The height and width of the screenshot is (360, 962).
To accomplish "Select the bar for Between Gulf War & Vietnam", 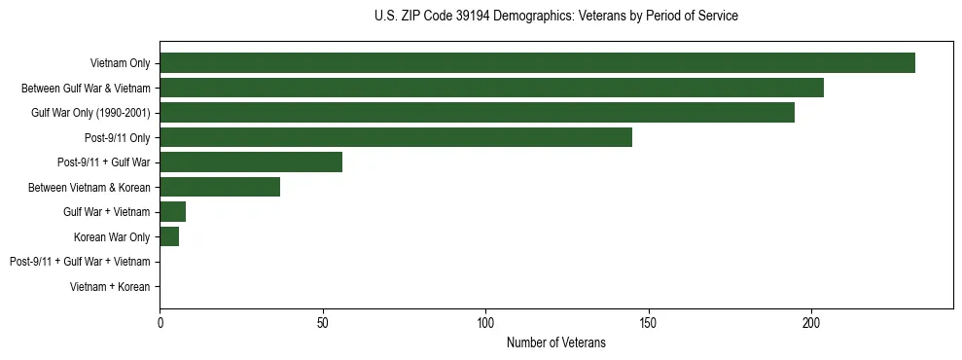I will click(x=491, y=88).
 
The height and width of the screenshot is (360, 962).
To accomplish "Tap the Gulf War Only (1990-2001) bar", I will click(x=477, y=113).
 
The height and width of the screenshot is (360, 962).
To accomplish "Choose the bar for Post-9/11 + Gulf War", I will click(x=251, y=162).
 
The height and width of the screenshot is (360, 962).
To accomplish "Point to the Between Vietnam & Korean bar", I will click(x=220, y=187).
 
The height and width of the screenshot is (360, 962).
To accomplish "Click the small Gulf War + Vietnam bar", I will click(x=173, y=212).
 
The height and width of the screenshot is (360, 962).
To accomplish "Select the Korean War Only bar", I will click(x=169, y=236).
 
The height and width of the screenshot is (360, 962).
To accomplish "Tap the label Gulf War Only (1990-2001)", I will click(x=90, y=113).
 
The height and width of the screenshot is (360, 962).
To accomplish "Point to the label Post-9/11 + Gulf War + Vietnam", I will click(x=80, y=262).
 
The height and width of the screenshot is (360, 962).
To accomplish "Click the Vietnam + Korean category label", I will click(x=110, y=287).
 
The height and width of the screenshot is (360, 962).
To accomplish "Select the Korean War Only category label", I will click(x=112, y=236).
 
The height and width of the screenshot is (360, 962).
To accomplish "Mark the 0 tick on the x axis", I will click(x=160, y=323).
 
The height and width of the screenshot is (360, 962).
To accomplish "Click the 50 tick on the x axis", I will click(x=323, y=323).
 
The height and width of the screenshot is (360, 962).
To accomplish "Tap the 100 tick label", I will click(x=485, y=323).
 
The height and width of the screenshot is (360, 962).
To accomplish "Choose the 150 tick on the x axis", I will click(x=649, y=323).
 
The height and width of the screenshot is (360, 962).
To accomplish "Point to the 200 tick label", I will click(x=811, y=323).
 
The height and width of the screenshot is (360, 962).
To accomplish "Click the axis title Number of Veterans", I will click(x=556, y=342).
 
